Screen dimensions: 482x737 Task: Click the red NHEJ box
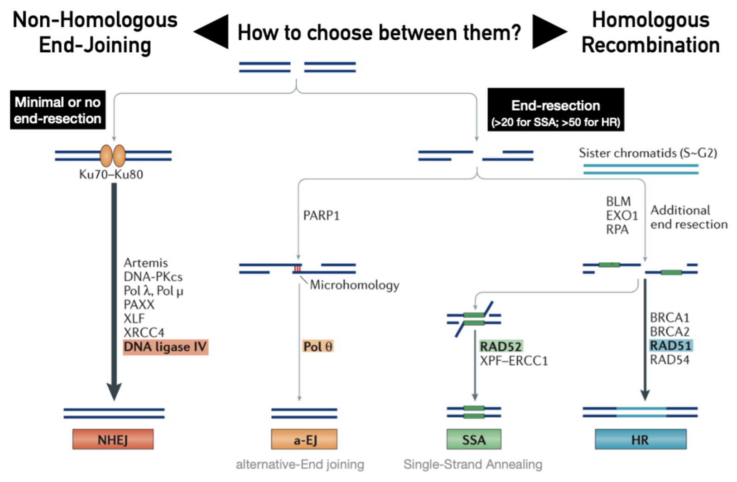(112, 439)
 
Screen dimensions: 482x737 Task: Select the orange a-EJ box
(304, 439)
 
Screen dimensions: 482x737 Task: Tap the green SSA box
(474, 439)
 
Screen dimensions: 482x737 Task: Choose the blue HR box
(640, 439)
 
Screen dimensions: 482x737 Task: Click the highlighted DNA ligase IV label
(165, 347)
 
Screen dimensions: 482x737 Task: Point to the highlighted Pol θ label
(318, 346)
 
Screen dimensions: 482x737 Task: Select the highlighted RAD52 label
(501, 346)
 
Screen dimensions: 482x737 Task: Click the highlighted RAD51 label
(671, 346)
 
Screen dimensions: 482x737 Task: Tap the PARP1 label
(321, 216)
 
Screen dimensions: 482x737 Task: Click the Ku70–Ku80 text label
(111, 174)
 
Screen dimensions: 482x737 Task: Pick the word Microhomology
(355, 285)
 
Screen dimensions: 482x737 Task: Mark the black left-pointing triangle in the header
(212, 31)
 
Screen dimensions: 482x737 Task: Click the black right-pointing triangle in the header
(548, 31)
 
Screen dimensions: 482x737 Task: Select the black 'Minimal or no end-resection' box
(58, 110)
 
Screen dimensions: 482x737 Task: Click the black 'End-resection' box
(556, 110)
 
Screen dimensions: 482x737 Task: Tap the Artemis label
(146, 263)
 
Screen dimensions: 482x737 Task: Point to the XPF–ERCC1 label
(514, 361)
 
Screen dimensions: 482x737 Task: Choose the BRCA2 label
(670, 332)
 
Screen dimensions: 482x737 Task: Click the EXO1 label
(622, 216)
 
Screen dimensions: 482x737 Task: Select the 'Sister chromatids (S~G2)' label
(648, 153)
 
